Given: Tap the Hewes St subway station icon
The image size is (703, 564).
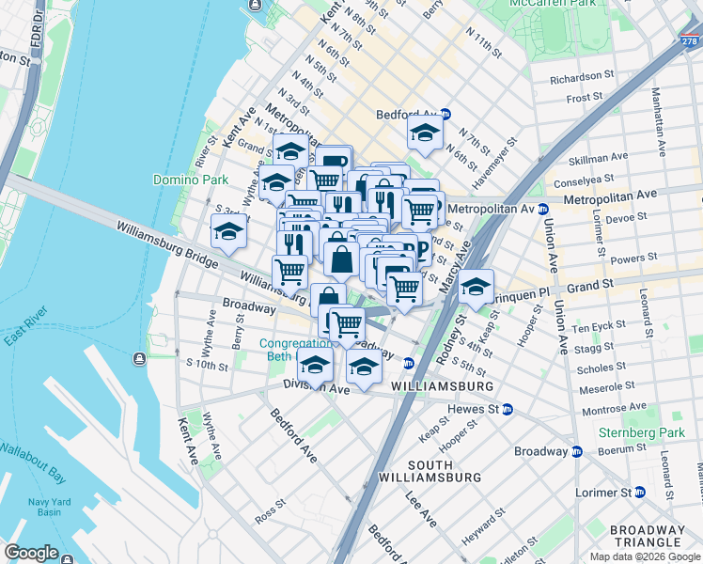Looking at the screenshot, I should [508, 409].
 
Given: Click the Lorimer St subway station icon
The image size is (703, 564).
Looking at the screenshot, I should [639, 492].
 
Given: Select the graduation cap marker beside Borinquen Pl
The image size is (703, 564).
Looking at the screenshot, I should [476, 286].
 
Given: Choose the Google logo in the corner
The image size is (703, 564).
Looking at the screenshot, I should [31, 553].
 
